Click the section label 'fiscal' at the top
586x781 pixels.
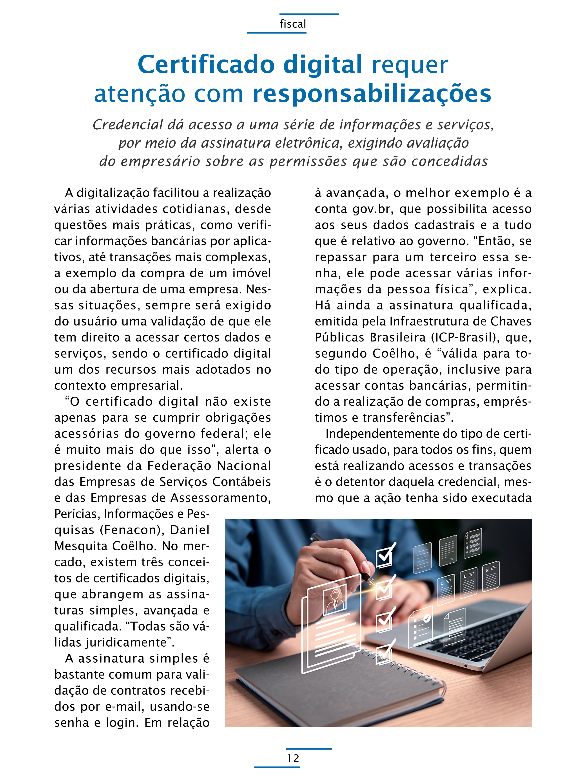pos(293,24)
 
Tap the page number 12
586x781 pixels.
pos(293,758)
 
